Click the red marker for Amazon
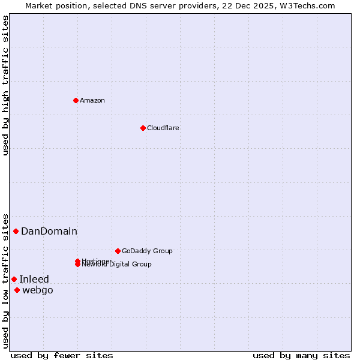[x=76, y=100]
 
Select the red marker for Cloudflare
[x=143, y=128]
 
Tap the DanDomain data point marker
[x=16, y=231]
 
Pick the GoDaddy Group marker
[x=118, y=251]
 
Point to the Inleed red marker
[x=14, y=279]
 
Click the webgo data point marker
[x=17, y=290]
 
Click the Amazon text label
[x=92, y=100]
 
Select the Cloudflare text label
[x=163, y=128]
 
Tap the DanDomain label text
[x=49, y=231]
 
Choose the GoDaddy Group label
[x=147, y=251]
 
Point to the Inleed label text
[x=34, y=279]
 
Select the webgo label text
[x=38, y=290]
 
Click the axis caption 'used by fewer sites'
[x=62, y=355]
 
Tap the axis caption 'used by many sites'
[x=301, y=355]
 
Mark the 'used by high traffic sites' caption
[x=5, y=85]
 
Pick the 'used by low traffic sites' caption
[x=5, y=280]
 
